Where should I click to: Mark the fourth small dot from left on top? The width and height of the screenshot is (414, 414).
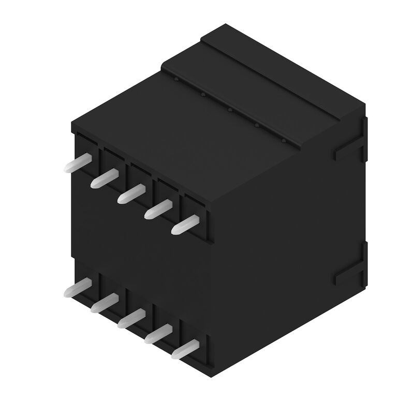coord(256,125)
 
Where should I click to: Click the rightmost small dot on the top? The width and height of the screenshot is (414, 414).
coord(283,140)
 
